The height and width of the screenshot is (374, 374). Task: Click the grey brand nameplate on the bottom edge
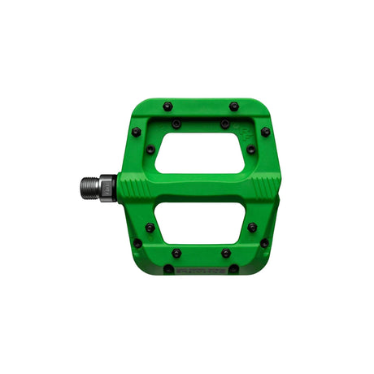(201, 269)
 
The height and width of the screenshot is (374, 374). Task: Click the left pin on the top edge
(167, 106)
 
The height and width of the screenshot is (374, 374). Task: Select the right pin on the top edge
(234, 106)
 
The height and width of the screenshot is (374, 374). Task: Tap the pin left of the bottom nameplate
(167, 269)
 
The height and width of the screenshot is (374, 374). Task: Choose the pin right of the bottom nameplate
(234, 269)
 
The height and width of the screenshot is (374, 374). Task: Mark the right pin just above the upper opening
(225, 124)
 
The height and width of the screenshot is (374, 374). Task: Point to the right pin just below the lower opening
(225, 253)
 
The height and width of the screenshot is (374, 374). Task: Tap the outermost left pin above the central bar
(137, 132)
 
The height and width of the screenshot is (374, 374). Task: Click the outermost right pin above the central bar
(266, 132)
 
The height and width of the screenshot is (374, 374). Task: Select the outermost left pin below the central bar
(137, 243)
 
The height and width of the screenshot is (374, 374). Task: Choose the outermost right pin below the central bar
(265, 243)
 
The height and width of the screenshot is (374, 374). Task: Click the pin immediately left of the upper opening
(151, 149)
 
